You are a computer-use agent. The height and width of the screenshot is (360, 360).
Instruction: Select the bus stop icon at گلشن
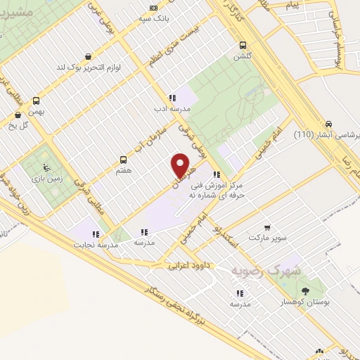pos(243,41)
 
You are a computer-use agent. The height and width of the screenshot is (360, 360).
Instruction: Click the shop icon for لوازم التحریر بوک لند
pos(87,56)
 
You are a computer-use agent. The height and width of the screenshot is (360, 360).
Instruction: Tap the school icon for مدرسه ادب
pos(172,98)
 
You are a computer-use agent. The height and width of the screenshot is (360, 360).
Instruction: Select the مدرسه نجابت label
pos(91,245)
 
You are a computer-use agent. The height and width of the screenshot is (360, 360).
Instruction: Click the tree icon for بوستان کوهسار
pos(305,290)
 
